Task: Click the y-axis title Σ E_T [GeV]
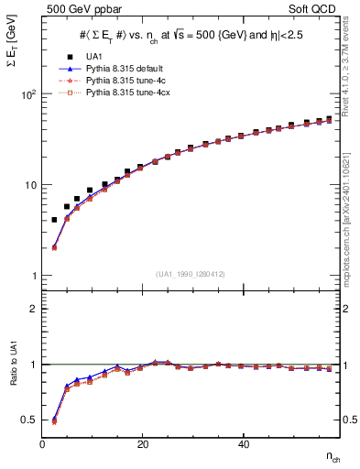13,70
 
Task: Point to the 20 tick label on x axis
142,444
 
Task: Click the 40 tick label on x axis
243,444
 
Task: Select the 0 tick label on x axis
42,444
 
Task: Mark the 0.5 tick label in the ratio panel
29,420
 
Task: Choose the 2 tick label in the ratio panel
33,309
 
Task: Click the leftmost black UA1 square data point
54,220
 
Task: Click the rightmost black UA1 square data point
329,118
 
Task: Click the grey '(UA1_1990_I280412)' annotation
190,274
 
